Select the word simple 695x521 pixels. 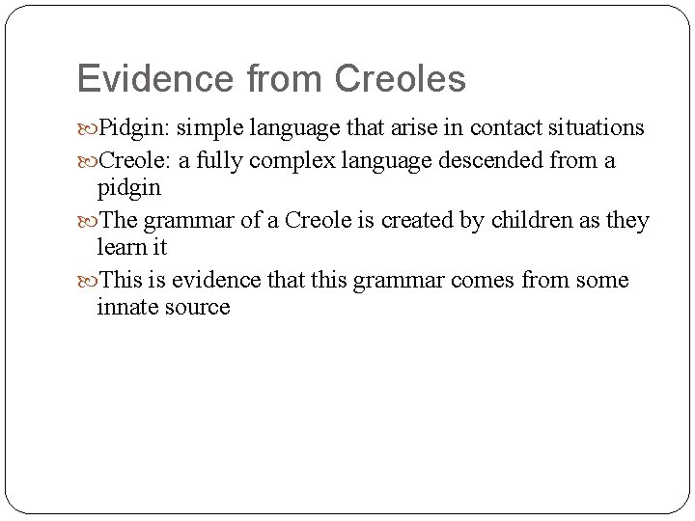point(206,128)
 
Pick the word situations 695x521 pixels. point(597,128)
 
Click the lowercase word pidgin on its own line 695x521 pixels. point(128,187)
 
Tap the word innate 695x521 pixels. point(127,307)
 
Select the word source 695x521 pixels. point(198,308)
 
